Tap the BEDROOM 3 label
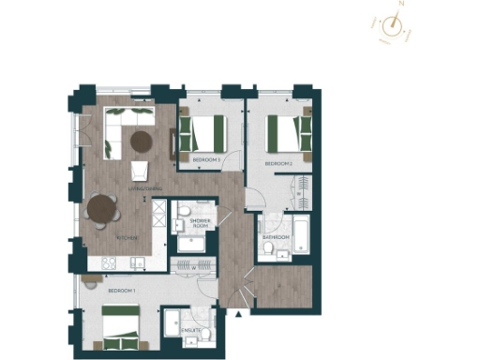(x=205, y=160)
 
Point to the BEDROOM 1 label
(x=122, y=292)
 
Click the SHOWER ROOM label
(x=200, y=222)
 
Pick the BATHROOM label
(x=276, y=237)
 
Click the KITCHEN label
(x=127, y=238)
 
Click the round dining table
(x=100, y=211)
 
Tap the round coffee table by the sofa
(x=141, y=142)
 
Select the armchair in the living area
(x=140, y=171)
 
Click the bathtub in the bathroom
(x=301, y=234)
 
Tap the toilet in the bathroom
(x=272, y=223)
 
